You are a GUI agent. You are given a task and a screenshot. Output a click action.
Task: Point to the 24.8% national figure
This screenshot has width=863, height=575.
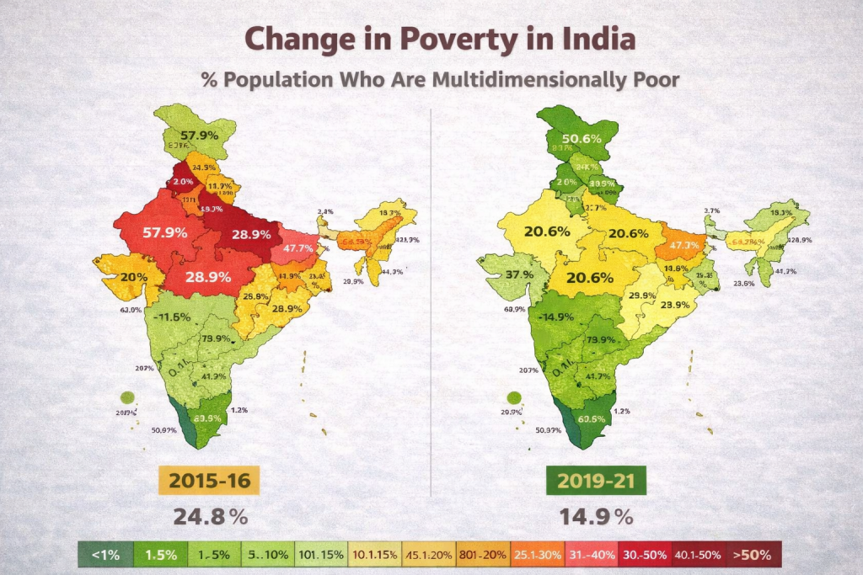(211, 517)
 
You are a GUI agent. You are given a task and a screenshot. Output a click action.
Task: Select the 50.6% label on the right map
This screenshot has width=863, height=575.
(582, 139)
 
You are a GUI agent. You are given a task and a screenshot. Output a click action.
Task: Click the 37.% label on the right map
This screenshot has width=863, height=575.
(518, 274)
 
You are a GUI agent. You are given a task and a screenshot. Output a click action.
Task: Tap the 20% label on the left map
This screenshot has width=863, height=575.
(133, 278)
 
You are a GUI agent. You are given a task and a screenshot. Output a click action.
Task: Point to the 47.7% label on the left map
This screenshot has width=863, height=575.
(298, 248)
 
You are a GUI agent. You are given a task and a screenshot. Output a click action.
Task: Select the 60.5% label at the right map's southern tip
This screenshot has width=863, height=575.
(590, 419)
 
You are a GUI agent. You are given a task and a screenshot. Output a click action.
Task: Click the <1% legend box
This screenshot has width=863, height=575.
(105, 555)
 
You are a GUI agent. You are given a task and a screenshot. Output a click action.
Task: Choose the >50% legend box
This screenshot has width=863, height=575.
(751, 555)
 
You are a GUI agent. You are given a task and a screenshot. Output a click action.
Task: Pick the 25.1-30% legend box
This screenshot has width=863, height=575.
(537, 555)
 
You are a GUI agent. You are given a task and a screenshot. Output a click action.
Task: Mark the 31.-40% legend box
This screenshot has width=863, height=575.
(590, 555)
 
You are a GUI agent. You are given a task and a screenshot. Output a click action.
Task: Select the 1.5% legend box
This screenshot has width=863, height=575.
(160, 555)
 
